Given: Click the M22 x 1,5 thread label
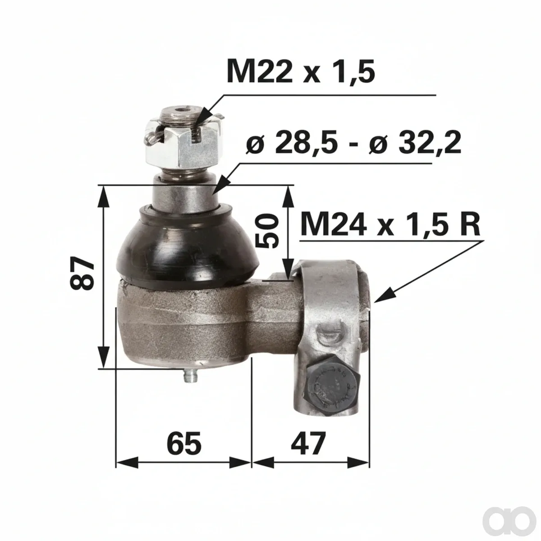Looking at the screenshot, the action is [x=301, y=71].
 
